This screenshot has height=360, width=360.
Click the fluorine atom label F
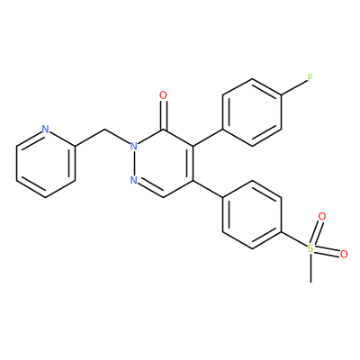[x=310, y=78]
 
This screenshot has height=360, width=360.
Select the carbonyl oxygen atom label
[x=163, y=95]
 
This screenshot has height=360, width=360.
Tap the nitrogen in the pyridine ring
[x=45, y=130]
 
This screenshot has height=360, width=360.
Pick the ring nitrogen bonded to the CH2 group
[x=134, y=147]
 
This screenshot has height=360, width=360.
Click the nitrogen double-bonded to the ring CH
[x=134, y=180]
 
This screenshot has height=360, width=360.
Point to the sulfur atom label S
[x=310, y=248]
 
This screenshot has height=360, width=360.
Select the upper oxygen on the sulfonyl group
[x=322, y=216]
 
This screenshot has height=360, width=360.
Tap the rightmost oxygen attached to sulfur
[x=344, y=255]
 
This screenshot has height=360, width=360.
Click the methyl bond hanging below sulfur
[x=310, y=268]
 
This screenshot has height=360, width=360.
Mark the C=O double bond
[x=163, y=115]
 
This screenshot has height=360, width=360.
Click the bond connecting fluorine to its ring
[x=294, y=87]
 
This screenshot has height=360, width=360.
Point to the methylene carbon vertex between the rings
[x=104, y=130]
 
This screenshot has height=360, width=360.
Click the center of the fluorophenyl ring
[x=252, y=112]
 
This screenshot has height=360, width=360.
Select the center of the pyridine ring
[x=46, y=163]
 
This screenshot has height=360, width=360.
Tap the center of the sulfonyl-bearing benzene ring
[x=252, y=214]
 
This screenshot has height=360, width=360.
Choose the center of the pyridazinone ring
[x=163, y=163]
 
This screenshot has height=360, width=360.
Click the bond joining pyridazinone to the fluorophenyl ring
[x=208, y=138]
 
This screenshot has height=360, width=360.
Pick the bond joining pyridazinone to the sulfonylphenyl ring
[x=208, y=189]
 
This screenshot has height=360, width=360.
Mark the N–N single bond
[x=134, y=163]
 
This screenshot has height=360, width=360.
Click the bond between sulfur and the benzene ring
[x=294, y=239]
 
